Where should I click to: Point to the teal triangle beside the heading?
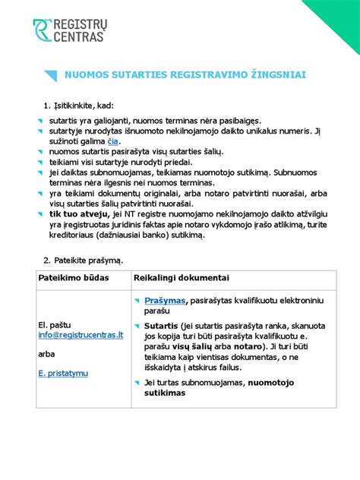(50, 75)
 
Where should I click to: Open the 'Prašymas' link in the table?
(165, 301)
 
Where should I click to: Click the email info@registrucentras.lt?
(81, 333)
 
